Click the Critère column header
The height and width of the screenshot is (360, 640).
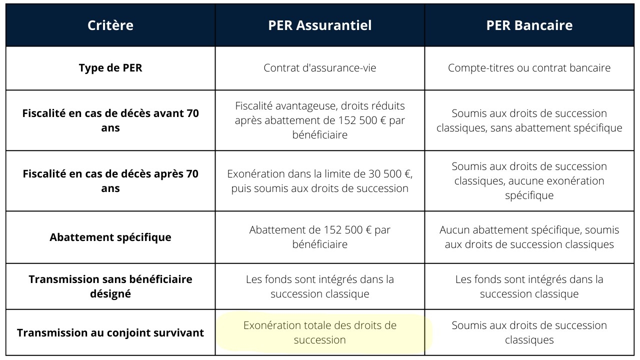tap(110, 25)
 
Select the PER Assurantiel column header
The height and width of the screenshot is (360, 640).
tap(320, 25)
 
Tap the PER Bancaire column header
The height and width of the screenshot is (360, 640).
tap(529, 25)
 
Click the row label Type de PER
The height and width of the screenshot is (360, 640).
tap(110, 68)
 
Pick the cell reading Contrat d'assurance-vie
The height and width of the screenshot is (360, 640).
tap(320, 68)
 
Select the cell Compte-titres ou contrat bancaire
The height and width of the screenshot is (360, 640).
tap(529, 68)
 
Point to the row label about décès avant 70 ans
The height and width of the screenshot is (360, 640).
tap(110, 120)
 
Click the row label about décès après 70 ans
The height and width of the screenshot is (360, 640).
tap(110, 181)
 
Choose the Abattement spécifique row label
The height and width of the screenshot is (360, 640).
tap(110, 237)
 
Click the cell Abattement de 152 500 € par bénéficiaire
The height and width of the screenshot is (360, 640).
tap(320, 237)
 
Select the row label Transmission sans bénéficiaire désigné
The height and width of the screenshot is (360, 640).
tap(110, 286)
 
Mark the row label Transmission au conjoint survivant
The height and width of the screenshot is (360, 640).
tap(110, 332)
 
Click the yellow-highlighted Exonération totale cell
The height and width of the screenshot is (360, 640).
tap(320, 332)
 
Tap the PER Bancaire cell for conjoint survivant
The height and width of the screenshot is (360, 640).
tap(529, 332)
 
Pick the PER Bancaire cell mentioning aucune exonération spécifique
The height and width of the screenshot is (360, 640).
tap(529, 180)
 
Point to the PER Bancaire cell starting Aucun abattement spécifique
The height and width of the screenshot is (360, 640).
tap(529, 237)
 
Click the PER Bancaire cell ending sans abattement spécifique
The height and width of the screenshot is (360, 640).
tap(529, 120)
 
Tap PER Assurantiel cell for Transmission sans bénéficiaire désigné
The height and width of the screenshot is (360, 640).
tap(320, 286)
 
